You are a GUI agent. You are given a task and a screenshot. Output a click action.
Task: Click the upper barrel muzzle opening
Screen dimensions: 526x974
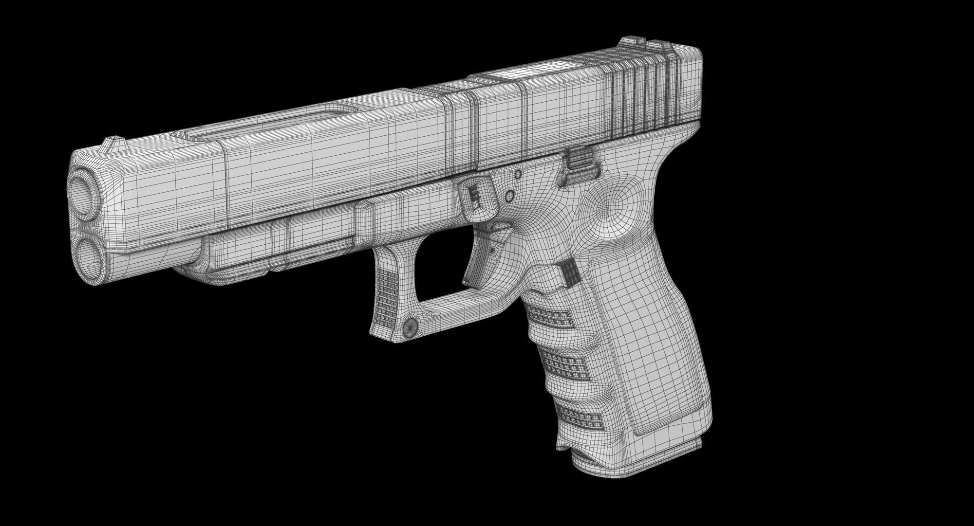84,191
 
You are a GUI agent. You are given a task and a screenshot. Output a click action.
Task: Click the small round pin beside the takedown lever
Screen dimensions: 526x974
509,197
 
